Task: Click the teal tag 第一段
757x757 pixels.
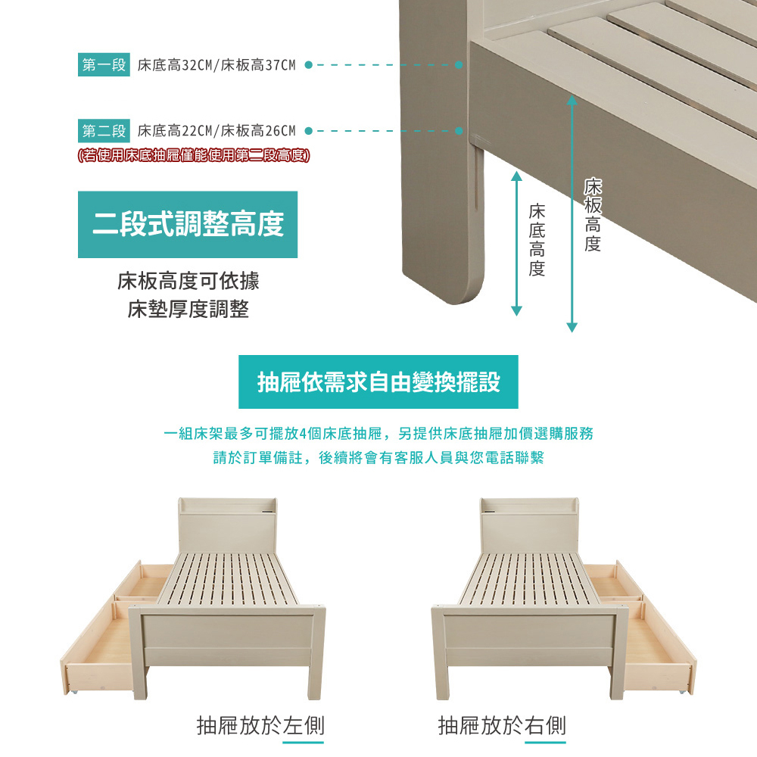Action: (x=104, y=64)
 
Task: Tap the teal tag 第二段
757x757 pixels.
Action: (x=104, y=131)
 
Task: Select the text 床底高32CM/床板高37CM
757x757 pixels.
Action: (x=217, y=65)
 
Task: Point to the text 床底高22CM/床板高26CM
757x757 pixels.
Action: (x=217, y=131)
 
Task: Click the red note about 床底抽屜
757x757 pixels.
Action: (x=194, y=155)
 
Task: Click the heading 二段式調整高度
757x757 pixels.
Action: (x=188, y=225)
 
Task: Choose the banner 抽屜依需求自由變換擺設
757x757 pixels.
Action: (x=378, y=382)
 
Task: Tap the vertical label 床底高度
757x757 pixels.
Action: (x=537, y=240)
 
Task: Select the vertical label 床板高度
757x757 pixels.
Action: (x=593, y=215)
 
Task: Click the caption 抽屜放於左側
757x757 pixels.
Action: (x=260, y=726)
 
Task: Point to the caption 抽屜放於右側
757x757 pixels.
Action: (x=502, y=726)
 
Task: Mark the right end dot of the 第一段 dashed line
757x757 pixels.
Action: (x=459, y=64)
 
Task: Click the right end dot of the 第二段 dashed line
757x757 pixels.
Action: (x=459, y=131)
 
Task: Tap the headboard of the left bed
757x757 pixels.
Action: (x=228, y=526)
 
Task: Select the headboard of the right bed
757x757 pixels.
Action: (x=530, y=526)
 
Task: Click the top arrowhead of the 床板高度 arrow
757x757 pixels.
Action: (x=572, y=100)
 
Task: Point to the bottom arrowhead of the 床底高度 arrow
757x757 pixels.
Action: (x=516, y=311)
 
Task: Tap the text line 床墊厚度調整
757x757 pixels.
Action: (x=188, y=309)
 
